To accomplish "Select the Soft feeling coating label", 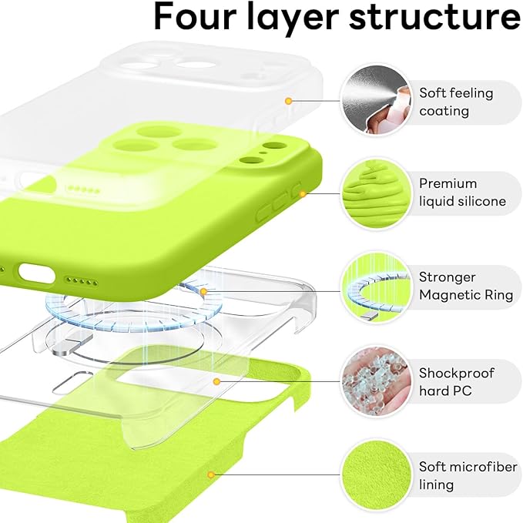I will point(456,102).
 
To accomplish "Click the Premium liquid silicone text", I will point(462,193).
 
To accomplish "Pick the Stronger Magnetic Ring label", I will point(458,286).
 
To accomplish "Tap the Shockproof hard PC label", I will point(457,381).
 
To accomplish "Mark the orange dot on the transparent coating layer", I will point(288,101).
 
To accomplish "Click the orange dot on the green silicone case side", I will point(303,194).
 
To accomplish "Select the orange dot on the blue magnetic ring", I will point(203,292).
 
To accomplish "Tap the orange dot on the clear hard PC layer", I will point(218,381).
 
